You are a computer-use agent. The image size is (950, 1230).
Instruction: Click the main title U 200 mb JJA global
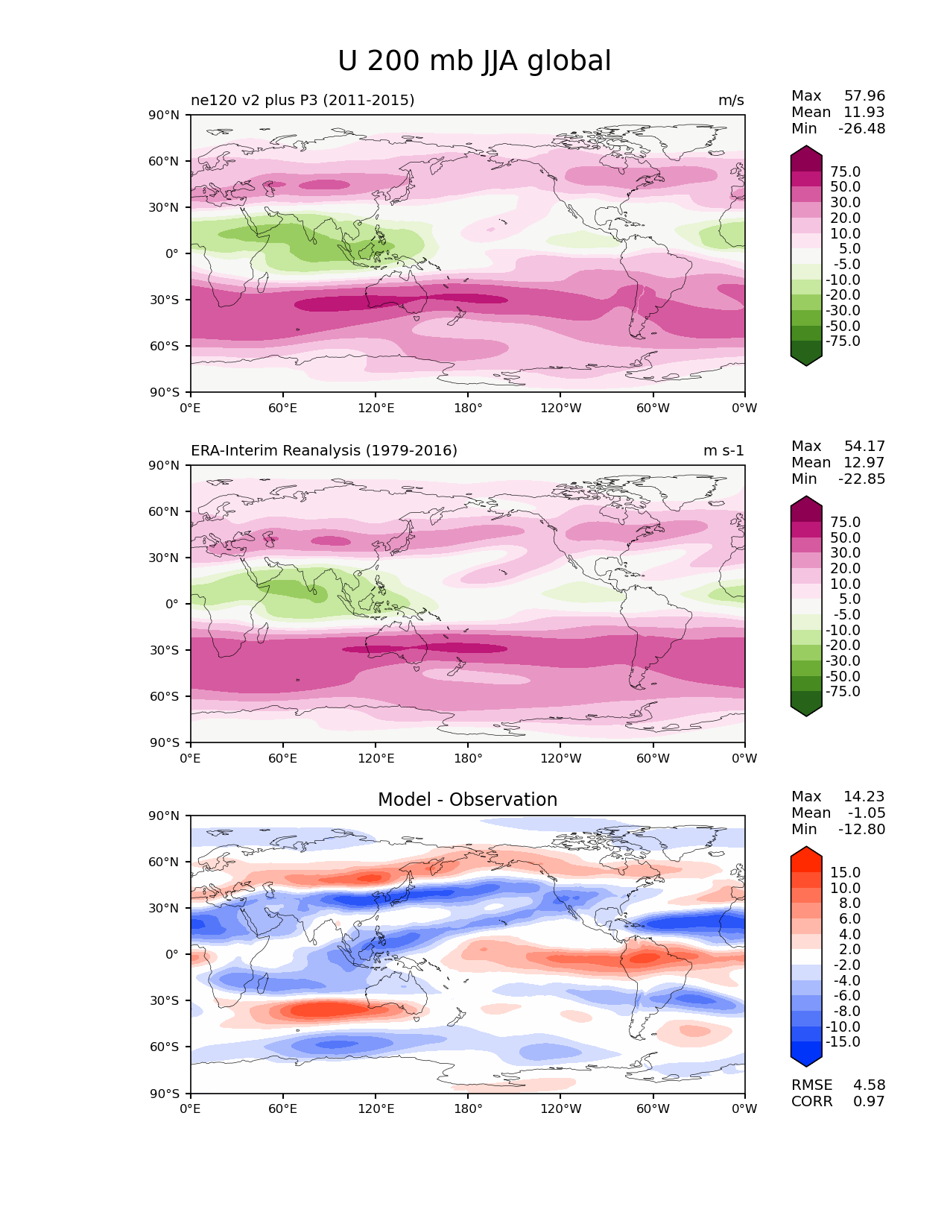[x=474, y=61]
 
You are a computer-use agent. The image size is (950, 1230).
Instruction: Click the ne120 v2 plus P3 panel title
[x=303, y=101]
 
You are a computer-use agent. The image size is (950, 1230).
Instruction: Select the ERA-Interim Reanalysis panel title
[x=324, y=451]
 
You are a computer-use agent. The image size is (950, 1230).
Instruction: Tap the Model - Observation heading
[x=467, y=800]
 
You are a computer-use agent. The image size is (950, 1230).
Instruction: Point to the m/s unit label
[x=730, y=101]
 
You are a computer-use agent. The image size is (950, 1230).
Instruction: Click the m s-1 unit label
[x=723, y=451]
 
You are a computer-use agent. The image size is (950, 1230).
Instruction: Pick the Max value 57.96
[x=864, y=96]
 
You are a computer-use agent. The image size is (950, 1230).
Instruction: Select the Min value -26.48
[x=861, y=129]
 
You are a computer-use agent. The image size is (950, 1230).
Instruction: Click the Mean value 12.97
[x=864, y=463]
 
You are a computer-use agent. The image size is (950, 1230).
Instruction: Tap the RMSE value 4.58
[x=869, y=1085]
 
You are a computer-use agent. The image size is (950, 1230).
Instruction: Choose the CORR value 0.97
[x=869, y=1102]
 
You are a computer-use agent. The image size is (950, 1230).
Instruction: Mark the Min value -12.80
[x=861, y=830]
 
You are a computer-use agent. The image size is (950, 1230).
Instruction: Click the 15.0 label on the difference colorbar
[x=845, y=873]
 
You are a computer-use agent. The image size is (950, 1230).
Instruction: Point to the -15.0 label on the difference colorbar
[x=843, y=1042]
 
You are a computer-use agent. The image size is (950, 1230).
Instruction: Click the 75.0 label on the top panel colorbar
[x=845, y=172]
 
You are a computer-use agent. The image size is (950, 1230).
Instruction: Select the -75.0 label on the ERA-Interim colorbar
[x=843, y=692]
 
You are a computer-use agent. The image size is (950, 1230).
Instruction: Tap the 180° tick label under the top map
[x=468, y=409]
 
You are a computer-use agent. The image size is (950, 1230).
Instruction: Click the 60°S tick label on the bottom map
[x=165, y=1047]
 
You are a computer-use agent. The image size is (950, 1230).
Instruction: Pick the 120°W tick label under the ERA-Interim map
[x=560, y=759]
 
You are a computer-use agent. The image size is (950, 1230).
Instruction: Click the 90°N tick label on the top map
[x=165, y=116]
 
